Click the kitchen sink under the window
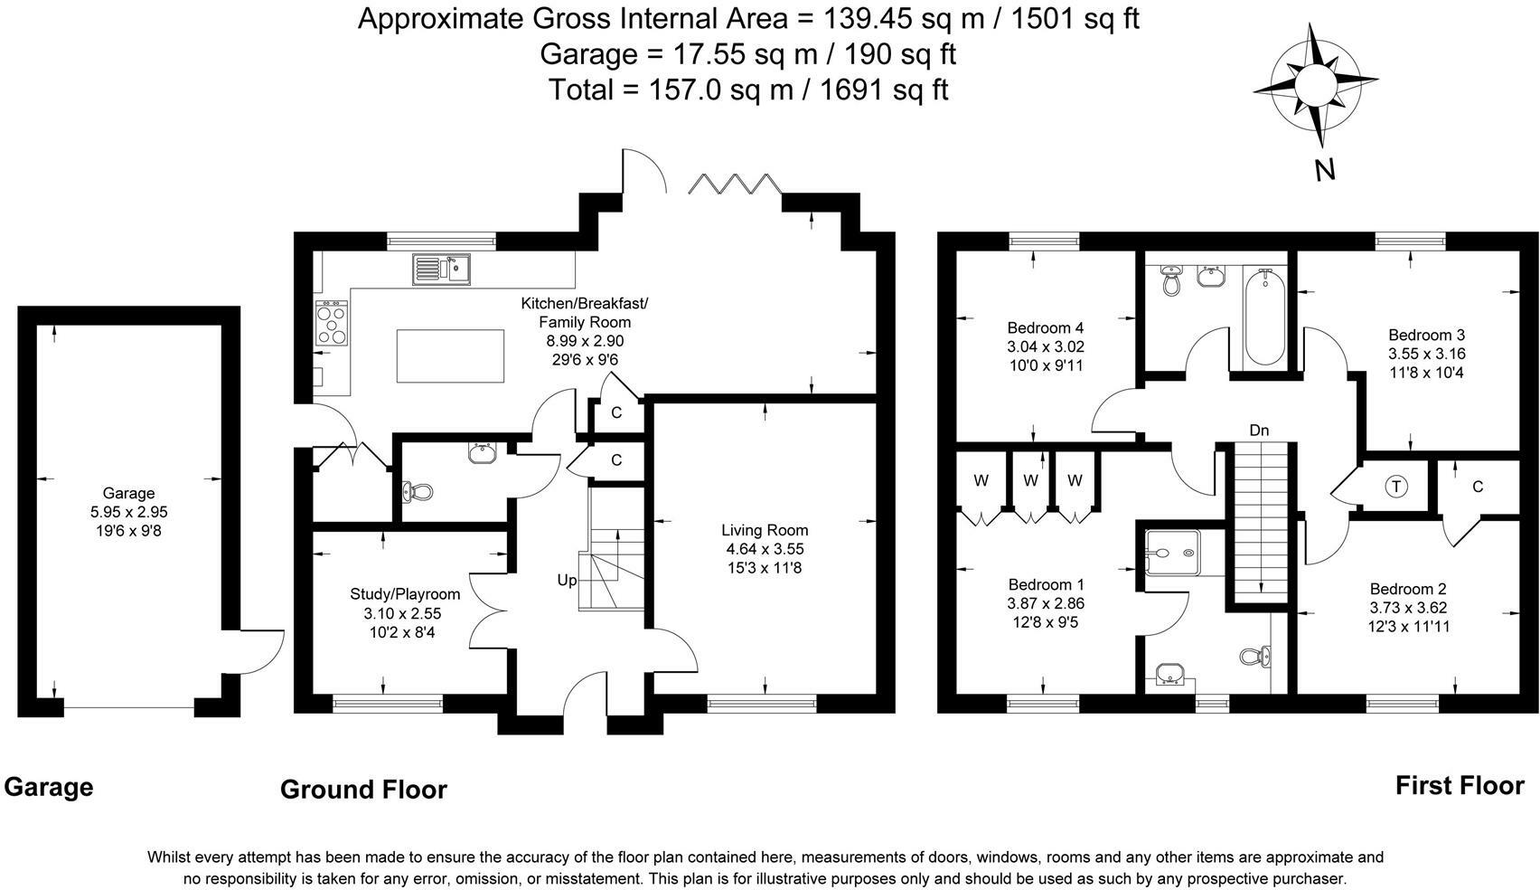coord(441,269)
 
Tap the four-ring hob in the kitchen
coord(332,323)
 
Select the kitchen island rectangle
coord(450,355)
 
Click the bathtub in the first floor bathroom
coord(1264,317)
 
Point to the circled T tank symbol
coord(1395,487)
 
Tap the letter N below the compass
coord(1325,170)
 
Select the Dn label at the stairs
coord(1259,431)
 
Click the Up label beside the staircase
coord(567,581)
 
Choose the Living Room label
coord(765,530)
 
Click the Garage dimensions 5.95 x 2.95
coord(128,512)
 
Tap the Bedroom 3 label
coord(1426,335)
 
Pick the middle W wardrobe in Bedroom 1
coord(1030,480)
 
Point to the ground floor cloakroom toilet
coord(418,492)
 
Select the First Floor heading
coord(1460,785)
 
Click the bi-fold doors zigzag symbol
coord(735,184)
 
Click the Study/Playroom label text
coord(405,594)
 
